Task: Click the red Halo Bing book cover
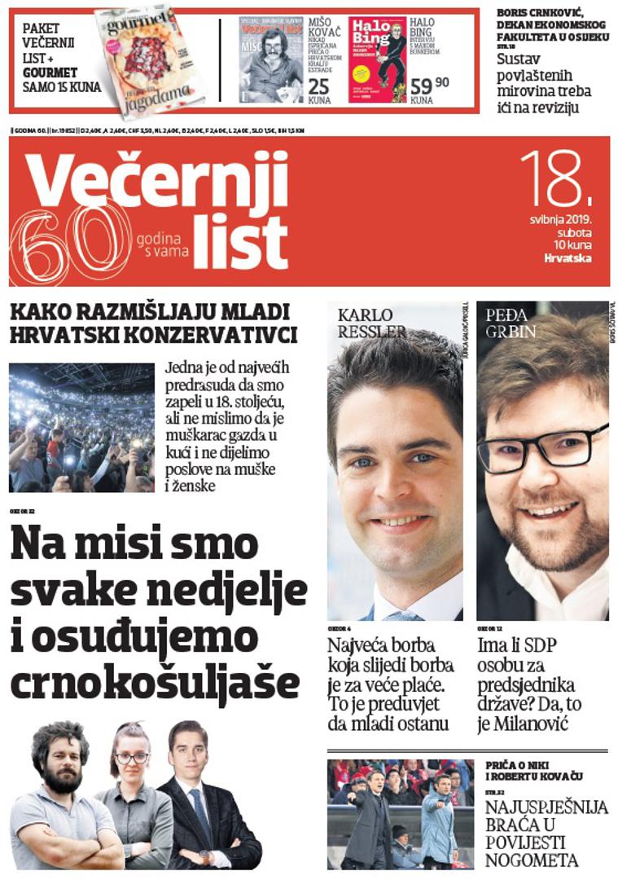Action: click(x=377, y=59)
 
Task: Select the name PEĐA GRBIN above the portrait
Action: click(x=511, y=323)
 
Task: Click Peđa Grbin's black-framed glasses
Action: click(x=541, y=445)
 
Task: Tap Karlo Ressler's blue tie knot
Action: click(x=404, y=615)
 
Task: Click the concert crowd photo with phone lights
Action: click(x=81, y=427)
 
